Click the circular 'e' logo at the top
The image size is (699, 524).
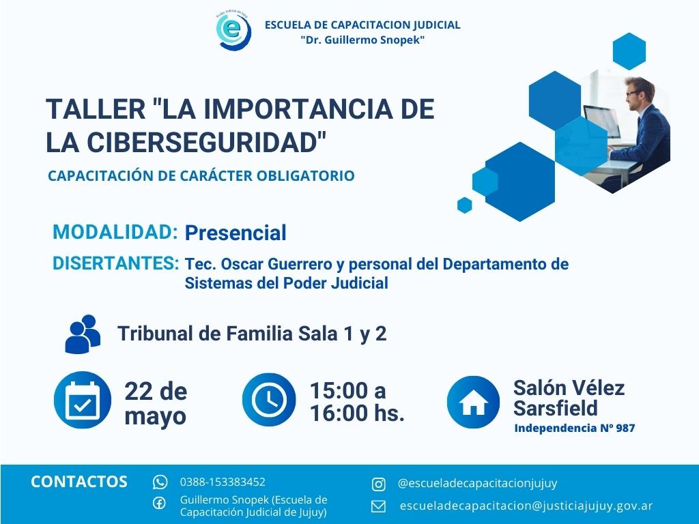tap(233, 31)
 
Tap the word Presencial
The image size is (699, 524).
tap(236, 233)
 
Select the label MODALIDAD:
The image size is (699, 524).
tap(115, 232)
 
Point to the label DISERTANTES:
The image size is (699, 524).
tap(116, 263)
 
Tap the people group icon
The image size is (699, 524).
tap(83, 334)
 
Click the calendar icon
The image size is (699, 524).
tap(83, 400)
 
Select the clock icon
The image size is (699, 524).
tap(269, 400)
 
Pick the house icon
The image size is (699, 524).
tap(474, 402)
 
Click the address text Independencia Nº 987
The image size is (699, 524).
tap(575, 428)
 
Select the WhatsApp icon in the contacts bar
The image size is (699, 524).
tap(160, 482)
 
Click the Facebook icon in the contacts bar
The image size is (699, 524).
tap(159, 503)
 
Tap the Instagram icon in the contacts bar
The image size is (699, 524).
tap(378, 484)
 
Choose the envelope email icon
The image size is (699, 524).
tap(378, 507)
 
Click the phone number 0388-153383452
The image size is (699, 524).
tap(223, 482)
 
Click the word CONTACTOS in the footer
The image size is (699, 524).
tap(79, 482)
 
